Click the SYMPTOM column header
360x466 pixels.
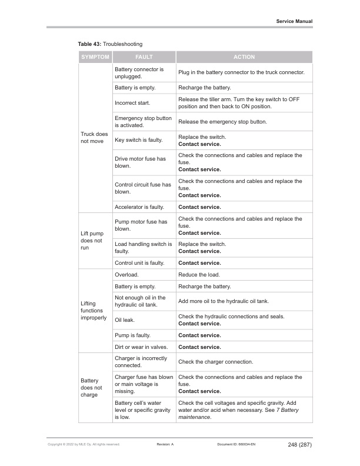(x=95, y=57)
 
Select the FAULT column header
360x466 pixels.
(x=144, y=57)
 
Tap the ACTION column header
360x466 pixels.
(x=244, y=57)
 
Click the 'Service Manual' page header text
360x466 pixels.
(x=294, y=21)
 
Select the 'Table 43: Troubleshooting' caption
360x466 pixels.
(x=110, y=44)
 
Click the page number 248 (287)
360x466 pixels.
(x=300, y=444)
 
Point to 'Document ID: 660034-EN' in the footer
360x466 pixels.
(x=236, y=444)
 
